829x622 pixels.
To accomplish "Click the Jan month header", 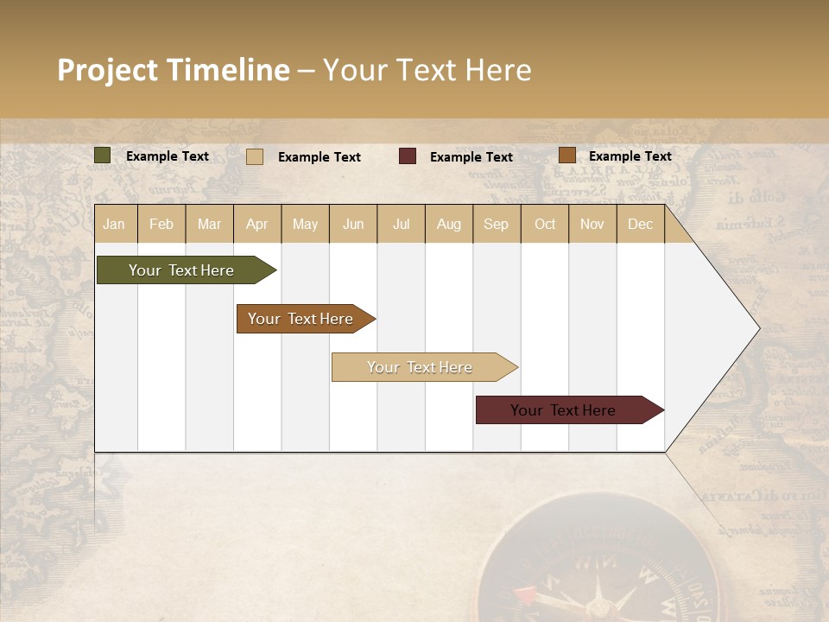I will (x=114, y=224).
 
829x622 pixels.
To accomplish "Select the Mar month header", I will (x=209, y=224).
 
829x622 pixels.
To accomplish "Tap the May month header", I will (x=305, y=224).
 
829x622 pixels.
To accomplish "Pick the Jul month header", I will (x=401, y=224).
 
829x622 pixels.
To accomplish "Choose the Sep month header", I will (x=496, y=224).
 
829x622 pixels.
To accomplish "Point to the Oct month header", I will (x=545, y=224).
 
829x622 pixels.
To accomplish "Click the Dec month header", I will (x=640, y=224).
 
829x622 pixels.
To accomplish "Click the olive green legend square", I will (x=102, y=155).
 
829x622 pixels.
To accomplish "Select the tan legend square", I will (x=255, y=156).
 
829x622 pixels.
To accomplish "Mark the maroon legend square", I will (x=408, y=156).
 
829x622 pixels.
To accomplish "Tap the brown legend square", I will (x=566, y=155).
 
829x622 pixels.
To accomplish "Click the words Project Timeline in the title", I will (x=174, y=70).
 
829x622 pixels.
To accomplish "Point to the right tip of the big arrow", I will (x=758, y=328).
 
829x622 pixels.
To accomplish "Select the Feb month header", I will (x=161, y=224).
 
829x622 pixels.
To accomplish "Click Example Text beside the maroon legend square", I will (x=471, y=157).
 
